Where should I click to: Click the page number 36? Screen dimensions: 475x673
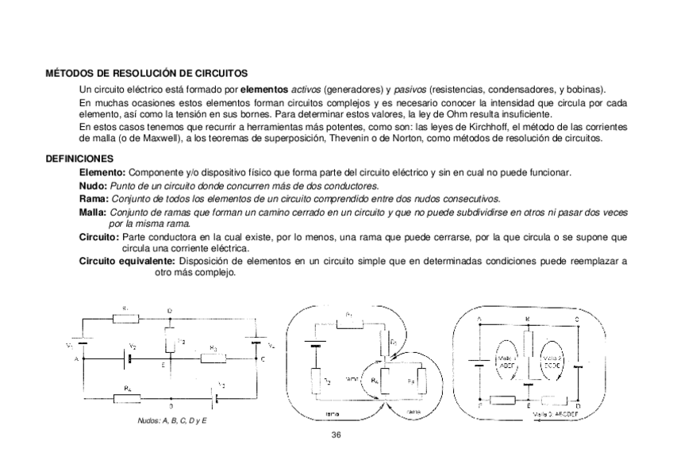point(336,435)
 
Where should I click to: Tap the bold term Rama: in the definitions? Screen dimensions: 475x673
point(94,197)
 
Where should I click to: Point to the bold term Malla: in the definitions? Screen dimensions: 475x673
point(94,212)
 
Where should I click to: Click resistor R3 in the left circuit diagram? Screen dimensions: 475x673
point(213,358)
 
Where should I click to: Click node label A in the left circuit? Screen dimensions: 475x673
point(77,359)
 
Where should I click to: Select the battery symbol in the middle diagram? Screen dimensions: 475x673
point(315,347)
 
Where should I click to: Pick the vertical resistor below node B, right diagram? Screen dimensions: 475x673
point(528,346)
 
